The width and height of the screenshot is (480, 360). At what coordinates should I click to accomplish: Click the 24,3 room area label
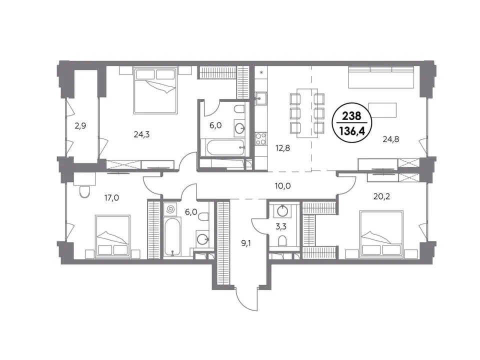click(141, 134)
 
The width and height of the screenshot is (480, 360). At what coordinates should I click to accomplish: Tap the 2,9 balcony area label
click(80, 126)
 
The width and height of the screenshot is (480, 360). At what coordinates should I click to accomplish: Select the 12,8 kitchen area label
click(282, 148)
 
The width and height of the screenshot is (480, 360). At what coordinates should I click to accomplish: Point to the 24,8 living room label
click(391, 139)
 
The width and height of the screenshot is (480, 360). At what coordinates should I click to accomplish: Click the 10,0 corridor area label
click(282, 186)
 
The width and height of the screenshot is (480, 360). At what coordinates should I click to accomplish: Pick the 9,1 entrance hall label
click(246, 243)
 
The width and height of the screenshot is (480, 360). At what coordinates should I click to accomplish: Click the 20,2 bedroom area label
click(381, 196)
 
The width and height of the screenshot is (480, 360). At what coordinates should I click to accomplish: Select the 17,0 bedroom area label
click(111, 198)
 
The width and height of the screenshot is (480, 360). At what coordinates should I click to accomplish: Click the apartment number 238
click(351, 115)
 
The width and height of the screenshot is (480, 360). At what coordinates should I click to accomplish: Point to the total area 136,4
click(351, 132)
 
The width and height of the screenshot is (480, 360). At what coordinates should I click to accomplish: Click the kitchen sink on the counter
click(261, 98)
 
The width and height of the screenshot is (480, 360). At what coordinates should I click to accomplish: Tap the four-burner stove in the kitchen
click(261, 138)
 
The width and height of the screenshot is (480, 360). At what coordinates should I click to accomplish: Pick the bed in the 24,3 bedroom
click(156, 90)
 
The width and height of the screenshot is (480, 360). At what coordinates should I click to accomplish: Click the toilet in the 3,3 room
click(282, 240)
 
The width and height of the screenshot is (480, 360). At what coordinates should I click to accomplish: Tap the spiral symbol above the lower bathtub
click(170, 209)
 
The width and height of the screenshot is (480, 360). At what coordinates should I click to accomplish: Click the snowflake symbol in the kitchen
click(261, 72)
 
